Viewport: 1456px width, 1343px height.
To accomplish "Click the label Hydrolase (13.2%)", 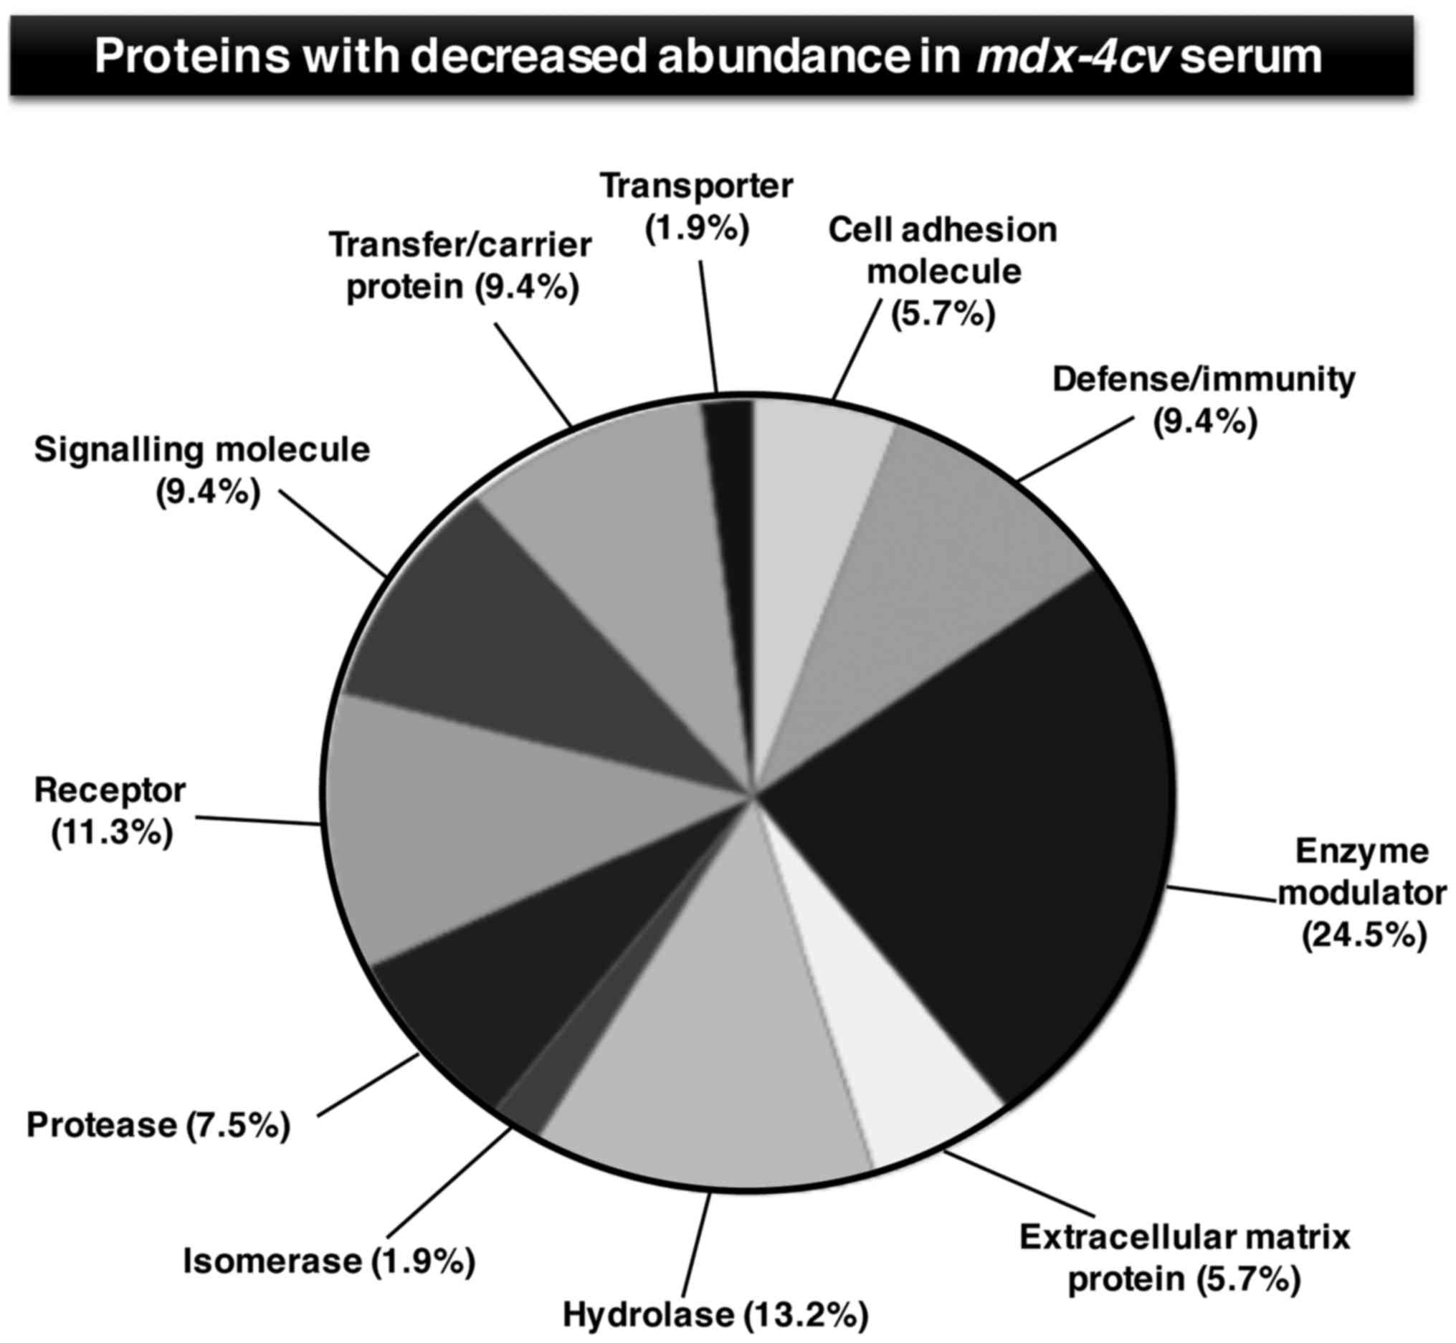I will coord(716,1314).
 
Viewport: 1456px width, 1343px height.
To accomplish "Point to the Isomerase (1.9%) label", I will coord(328,1260).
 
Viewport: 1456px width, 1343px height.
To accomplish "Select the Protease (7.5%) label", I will coord(158,1125).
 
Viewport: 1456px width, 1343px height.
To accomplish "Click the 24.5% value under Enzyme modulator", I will coord(1364,935).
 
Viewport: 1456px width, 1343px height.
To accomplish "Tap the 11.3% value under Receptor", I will coord(112,832).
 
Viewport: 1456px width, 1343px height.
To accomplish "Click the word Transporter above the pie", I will coord(696,186).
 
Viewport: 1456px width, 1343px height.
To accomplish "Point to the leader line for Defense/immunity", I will coord(1076,449).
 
